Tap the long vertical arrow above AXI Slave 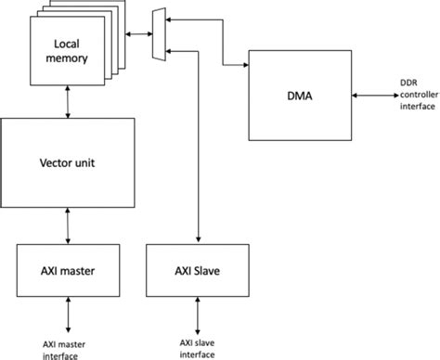click(x=200, y=148)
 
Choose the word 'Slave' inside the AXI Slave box click(x=213, y=270)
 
